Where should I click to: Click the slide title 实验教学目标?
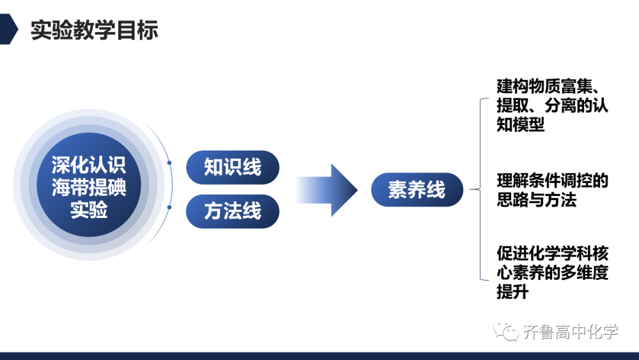coord(94,30)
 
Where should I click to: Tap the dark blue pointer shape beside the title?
coord(8,29)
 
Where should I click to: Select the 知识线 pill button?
coord(233,167)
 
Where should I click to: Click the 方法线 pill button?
coord(233,211)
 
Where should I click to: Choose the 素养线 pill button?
coord(417,189)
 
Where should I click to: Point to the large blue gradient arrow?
coord(327,190)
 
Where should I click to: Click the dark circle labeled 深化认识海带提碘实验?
coord(89,185)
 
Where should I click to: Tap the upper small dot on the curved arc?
coord(169,163)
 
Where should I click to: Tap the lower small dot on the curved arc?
coord(170,207)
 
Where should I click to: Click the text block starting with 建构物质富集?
coord(552,105)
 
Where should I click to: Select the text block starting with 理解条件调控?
coord(552,190)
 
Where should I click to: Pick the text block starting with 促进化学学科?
coord(552,272)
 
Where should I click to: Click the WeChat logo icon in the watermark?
coord(505,330)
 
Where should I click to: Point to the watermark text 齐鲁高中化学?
coord(570,332)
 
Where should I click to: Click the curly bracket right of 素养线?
coord(480,189)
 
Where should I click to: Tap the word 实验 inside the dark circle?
coord(89,210)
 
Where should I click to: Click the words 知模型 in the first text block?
coord(521,124)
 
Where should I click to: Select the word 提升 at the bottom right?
coord(512,291)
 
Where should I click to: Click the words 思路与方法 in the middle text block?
coord(536,200)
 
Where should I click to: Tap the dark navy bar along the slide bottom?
coord(319,356)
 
